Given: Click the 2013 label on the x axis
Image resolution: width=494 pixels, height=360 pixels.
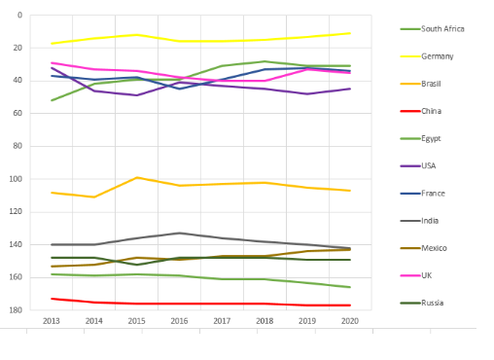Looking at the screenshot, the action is pyautogui.click(x=52, y=321).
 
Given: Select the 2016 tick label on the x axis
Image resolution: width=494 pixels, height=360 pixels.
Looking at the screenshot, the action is pyautogui.click(x=179, y=321).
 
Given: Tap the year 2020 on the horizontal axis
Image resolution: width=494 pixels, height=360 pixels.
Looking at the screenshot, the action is pyautogui.click(x=350, y=321).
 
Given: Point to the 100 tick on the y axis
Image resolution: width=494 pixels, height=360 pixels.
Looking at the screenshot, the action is pyautogui.click(x=16, y=179).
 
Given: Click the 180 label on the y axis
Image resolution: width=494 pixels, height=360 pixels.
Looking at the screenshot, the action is pyautogui.click(x=16, y=310).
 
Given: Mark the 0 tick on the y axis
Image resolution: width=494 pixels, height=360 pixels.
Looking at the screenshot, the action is pyautogui.click(x=20, y=15).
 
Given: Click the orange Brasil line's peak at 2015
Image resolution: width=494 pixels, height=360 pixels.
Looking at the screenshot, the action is pyautogui.click(x=137, y=177).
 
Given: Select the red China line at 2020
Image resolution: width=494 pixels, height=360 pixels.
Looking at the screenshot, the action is pyautogui.click(x=350, y=306).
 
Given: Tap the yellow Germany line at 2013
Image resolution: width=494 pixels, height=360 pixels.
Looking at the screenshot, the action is pyautogui.click(x=52, y=43).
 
